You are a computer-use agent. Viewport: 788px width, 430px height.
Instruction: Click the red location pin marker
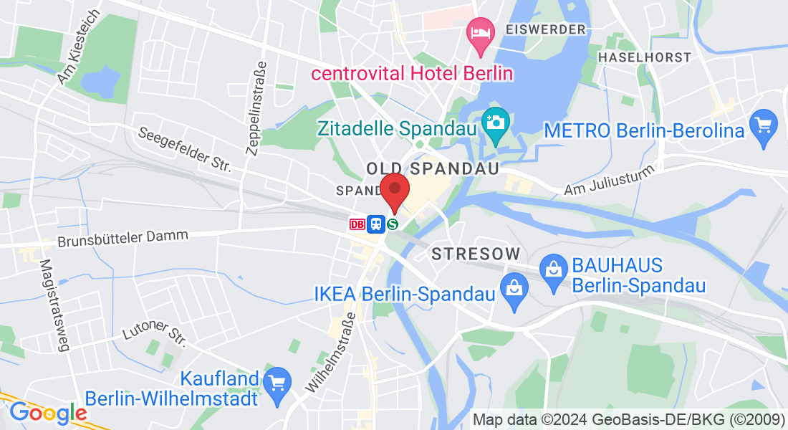click(394, 191)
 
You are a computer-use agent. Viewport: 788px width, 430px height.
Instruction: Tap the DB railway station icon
click(357, 224)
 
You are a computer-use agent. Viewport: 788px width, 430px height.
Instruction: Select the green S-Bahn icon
click(393, 224)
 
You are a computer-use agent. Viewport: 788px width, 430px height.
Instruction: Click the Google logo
click(48, 413)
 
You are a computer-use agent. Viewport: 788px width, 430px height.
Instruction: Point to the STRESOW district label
click(475, 254)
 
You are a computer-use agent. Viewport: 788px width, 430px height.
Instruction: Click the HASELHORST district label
click(645, 57)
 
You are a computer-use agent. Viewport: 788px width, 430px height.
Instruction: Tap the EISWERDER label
click(545, 29)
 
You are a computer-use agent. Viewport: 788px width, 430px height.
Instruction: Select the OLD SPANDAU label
click(432, 168)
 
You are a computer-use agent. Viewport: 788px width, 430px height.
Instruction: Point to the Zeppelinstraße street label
click(256, 107)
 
